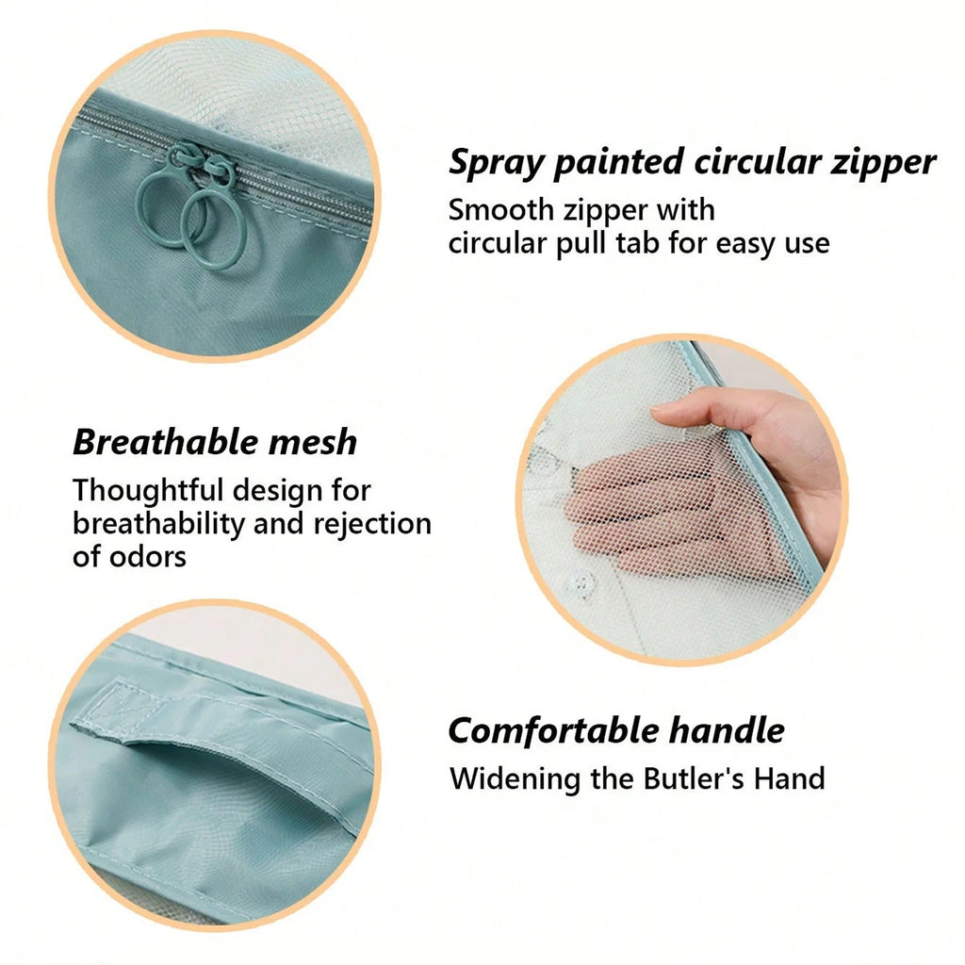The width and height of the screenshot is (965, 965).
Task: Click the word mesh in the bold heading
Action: (x=313, y=443)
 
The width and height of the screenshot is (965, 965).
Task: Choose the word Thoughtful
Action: (x=148, y=490)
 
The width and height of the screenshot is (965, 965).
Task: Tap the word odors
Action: (x=147, y=557)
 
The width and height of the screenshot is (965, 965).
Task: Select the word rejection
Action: (x=372, y=524)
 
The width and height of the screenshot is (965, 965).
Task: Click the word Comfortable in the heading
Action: (x=553, y=730)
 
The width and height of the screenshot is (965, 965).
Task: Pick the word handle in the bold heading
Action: (x=727, y=730)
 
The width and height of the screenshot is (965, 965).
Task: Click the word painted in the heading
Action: (x=618, y=163)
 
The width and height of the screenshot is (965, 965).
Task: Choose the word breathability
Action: (x=158, y=524)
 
